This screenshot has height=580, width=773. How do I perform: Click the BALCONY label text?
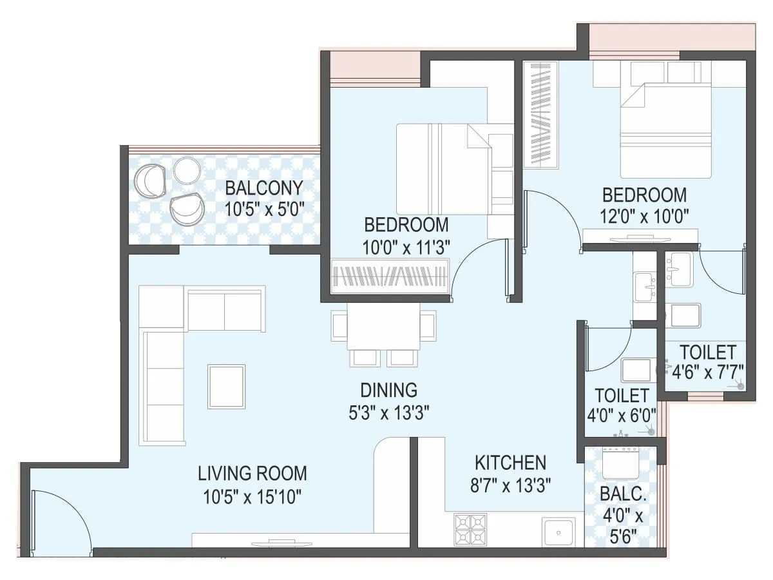[264, 188]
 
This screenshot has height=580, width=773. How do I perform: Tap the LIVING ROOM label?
[252, 474]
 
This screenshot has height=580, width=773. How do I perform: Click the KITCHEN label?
[510, 462]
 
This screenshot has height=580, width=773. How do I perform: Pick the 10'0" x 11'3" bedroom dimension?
[406, 247]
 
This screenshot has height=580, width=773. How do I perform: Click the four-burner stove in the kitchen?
[471, 529]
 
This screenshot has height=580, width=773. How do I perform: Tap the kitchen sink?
[558, 532]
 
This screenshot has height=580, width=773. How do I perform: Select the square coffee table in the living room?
[226, 386]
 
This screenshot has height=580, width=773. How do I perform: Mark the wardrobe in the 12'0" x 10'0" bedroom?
[540, 113]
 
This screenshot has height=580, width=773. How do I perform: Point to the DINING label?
[388, 391]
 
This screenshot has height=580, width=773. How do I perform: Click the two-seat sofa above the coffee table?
[225, 310]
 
